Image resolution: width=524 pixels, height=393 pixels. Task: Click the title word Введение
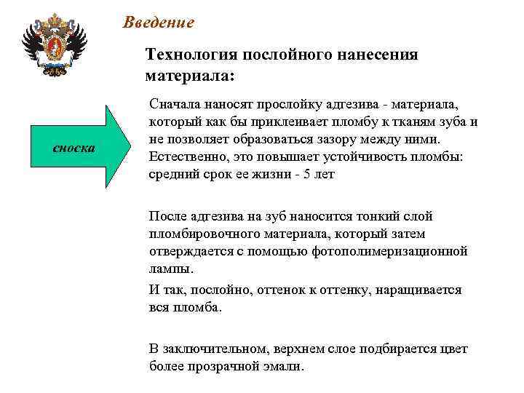pyautogui.click(x=159, y=23)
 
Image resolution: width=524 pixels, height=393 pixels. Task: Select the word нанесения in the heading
pyautogui.click(x=380, y=55)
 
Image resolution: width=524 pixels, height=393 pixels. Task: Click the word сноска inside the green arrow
pyautogui.click(x=74, y=148)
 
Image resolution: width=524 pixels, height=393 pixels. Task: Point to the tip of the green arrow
pyautogui.click(x=137, y=148)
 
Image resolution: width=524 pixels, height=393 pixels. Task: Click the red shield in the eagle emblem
pyautogui.click(x=53, y=50)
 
